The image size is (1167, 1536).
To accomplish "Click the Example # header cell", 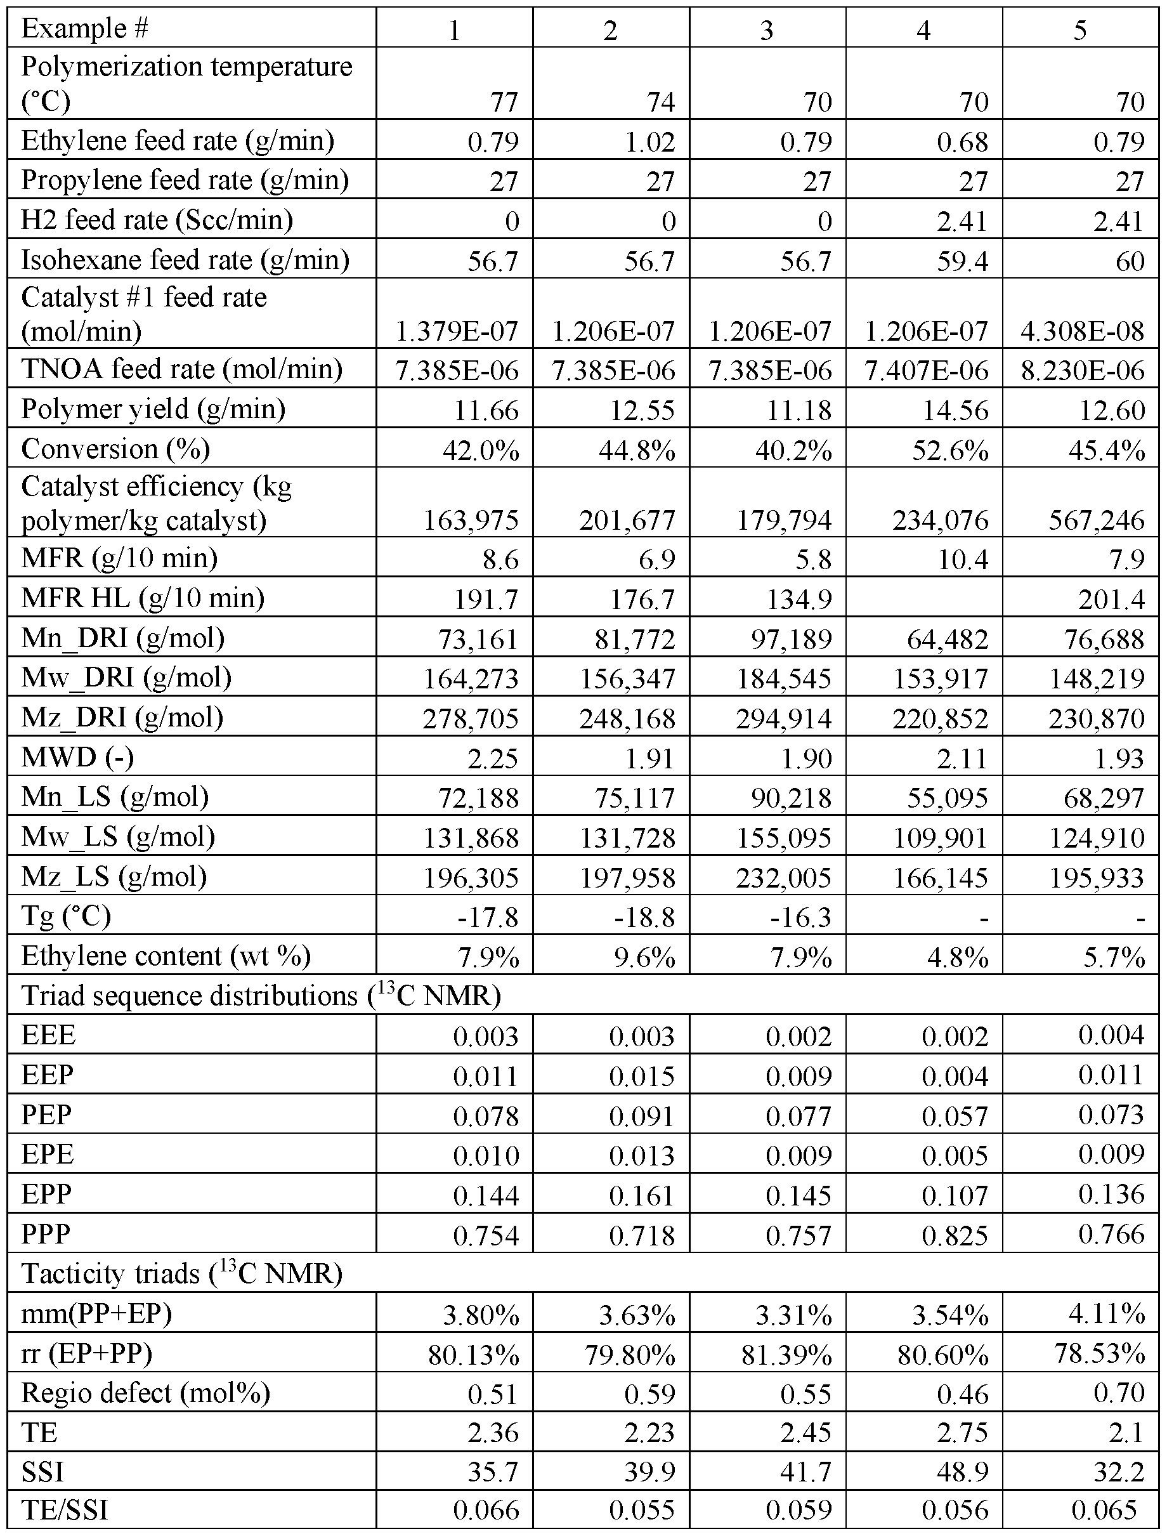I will click(85, 29).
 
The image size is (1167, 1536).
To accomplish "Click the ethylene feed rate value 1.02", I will click(649, 141).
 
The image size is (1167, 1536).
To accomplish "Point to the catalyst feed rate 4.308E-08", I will click(1082, 331).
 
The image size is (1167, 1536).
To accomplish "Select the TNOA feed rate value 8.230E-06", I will click(1082, 371).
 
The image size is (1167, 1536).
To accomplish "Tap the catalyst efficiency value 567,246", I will click(1096, 520).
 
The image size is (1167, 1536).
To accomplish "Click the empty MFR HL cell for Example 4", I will click(923, 598).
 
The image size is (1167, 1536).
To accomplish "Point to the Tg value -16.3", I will click(802, 917).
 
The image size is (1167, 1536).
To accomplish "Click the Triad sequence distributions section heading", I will click(261, 995).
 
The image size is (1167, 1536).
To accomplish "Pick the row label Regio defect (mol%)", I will click(146, 1392).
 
